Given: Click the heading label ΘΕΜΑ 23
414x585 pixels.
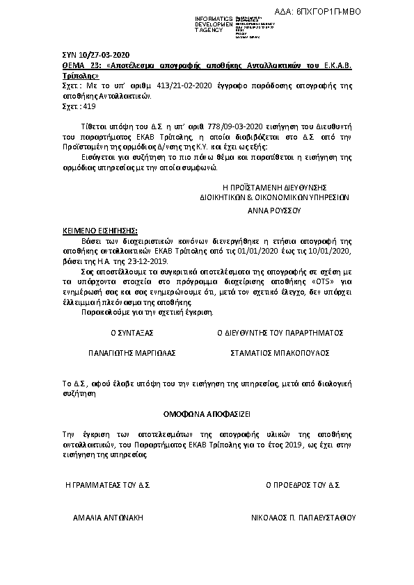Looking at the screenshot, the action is pyautogui.click(x=74, y=65).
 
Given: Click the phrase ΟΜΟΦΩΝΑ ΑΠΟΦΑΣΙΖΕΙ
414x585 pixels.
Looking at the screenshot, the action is pyautogui.click(x=207, y=413).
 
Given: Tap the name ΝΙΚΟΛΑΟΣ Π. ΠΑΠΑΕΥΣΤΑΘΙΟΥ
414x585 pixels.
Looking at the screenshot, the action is pyautogui.click(x=303, y=518).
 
